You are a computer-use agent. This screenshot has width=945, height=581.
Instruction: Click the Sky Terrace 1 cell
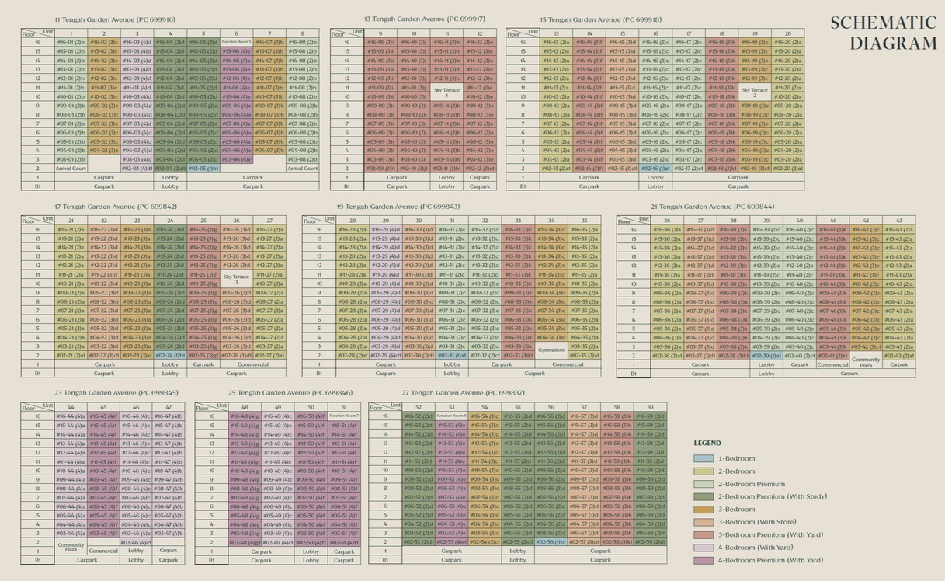click(x=446, y=91)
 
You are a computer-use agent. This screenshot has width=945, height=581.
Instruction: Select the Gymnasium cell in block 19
click(x=551, y=350)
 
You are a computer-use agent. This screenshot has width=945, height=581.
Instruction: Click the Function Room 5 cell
click(x=237, y=42)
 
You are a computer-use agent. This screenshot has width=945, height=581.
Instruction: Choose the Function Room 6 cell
click(x=451, y=416)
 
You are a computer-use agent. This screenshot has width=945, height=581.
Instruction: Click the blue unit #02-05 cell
click(x=203, y=168)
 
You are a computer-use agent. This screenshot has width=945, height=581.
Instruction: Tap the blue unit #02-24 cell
click(x=170, y=355)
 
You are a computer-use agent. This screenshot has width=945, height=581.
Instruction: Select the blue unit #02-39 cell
click(x=766, y=356)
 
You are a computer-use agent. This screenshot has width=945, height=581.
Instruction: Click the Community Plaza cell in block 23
click(x=71, y=547)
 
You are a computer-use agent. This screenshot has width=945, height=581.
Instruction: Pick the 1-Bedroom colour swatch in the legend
click(x=704, y=458)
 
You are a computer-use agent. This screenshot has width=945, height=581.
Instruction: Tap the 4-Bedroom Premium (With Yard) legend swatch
click(x=704, y=560)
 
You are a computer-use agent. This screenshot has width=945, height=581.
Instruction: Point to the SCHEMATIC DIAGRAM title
click(x=883, y=33)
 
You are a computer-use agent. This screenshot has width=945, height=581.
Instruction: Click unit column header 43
click(x=898, y=221)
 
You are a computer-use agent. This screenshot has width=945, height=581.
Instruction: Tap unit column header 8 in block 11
click(x=302, y=33)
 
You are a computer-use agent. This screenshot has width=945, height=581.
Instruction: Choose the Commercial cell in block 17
click(x=252, y=364)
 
